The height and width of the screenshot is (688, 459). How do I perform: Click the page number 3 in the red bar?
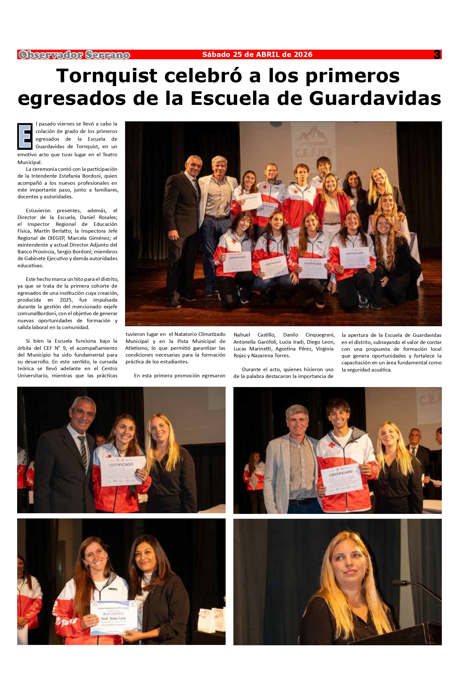(x=437, y=55)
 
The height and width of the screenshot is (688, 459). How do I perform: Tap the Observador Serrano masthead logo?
(x=74, y=55)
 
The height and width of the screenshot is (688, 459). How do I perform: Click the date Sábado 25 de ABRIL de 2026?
(x=257, y=55)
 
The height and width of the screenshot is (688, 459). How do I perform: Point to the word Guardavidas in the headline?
(x=375, y=98)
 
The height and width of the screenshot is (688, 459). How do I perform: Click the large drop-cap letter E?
(x=25, y=136)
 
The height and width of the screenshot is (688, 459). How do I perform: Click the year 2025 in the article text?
(x=66, y=300)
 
